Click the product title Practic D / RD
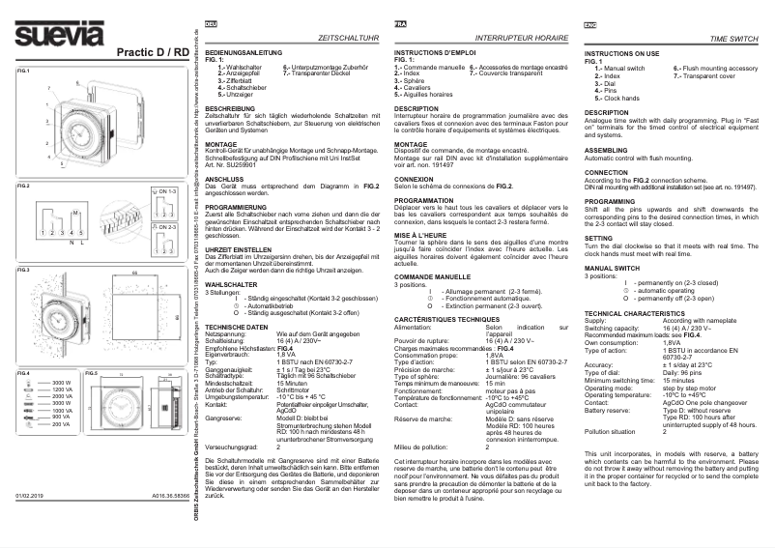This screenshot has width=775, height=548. (x=151, y=50)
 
